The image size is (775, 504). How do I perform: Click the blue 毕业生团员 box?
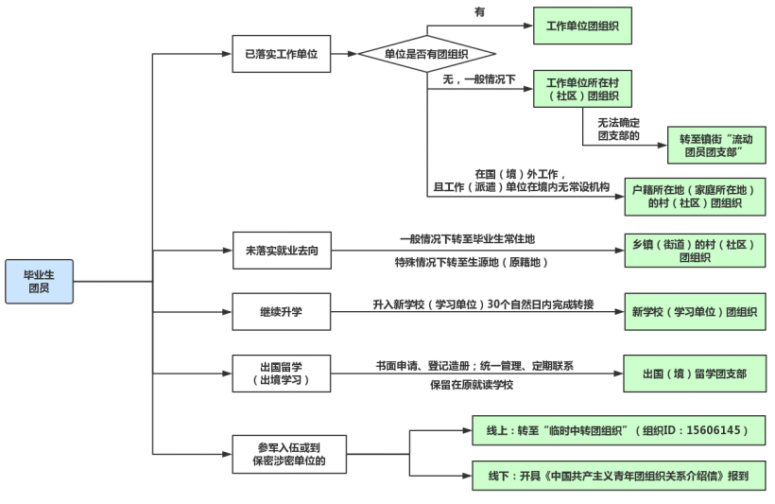pos(39,281)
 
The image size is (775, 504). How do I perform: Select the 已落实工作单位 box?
pos(281,54)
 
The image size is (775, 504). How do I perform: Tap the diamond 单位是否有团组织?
pos(426,54)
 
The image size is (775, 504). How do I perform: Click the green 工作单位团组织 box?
pos(582,26)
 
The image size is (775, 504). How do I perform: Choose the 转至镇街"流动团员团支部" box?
pos(715,145)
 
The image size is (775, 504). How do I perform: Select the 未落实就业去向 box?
pos(281,250)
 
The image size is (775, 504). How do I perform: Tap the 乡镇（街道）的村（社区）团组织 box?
pos(695,250)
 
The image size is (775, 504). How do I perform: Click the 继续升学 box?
pos(281,311)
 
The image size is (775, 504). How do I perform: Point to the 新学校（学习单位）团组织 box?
pos(695,311)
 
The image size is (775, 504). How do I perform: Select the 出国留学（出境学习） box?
pos(281,374)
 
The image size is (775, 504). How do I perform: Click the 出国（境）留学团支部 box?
pos(695,374)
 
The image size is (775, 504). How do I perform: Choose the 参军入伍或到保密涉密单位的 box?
pos(281,454)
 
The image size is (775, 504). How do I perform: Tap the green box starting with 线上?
pos(618,430)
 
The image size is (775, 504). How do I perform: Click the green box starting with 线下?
pos(618,476)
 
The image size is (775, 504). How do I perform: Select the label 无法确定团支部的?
pos(618,129)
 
